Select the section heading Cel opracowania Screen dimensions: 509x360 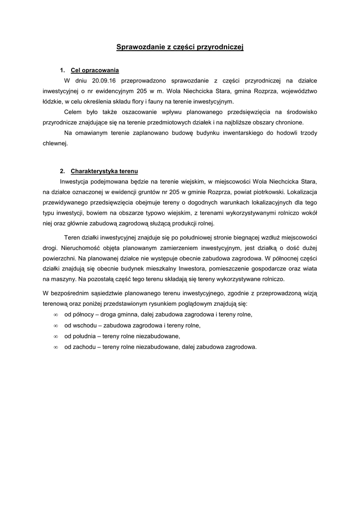pyautogui.click(x=95, y=70)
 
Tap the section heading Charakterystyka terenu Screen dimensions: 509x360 pyautogui.click(x=104, y=171)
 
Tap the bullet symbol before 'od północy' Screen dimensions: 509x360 pyautogui.click(x=55, y=315)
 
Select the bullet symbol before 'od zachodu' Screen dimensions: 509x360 pyautogui.click(x=55, y=347)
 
